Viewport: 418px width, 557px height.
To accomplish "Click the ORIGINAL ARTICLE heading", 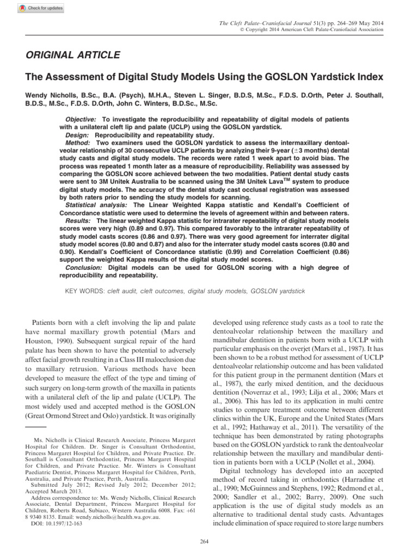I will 70,55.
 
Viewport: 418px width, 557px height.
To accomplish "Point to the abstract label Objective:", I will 81,119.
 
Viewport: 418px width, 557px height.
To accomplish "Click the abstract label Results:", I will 79,222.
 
